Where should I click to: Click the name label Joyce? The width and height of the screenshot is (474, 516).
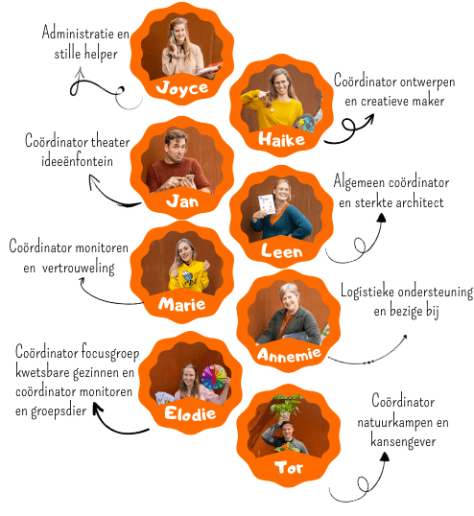click(182, 88)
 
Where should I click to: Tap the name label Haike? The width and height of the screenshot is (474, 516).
click(281, 139)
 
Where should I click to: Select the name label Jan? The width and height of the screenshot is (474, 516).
click(182, 200)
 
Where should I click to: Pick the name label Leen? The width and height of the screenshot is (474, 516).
click(281, 250)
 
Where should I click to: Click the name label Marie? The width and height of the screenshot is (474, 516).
click(181, 304)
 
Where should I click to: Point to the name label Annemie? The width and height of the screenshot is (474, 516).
click(289, 355)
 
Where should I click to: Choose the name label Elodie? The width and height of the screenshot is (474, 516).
click(190, 413)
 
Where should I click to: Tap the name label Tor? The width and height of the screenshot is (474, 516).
click(289, 467)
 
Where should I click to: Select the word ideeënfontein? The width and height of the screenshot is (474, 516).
click(77, 161)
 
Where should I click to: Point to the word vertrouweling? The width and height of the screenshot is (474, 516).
click(79, 269)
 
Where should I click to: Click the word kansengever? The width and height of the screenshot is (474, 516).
click(403, 441)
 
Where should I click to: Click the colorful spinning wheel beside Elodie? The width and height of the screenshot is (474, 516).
click(214, 377)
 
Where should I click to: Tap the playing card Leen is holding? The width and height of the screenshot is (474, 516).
click(267, 204)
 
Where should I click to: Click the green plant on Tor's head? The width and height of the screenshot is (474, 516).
click(286, 406)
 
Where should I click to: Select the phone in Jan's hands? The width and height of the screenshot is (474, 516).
click(190, 177)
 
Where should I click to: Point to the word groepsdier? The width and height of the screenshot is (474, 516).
click(59, 411)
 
